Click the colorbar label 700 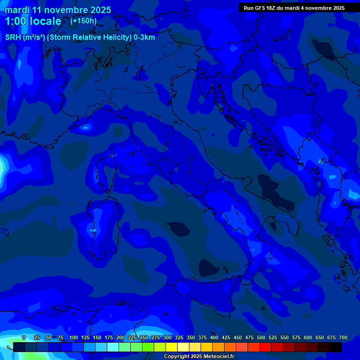(x=343, y=337)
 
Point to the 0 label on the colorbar (x=24, y=337)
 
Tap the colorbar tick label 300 (x=167, y=337)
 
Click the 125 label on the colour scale (x=85, y=337)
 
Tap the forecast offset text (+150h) (x=83, y=21)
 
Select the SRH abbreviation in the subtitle (x=13, y=37)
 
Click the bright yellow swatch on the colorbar (x=171, y=347)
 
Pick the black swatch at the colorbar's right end (x=335, y=347)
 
